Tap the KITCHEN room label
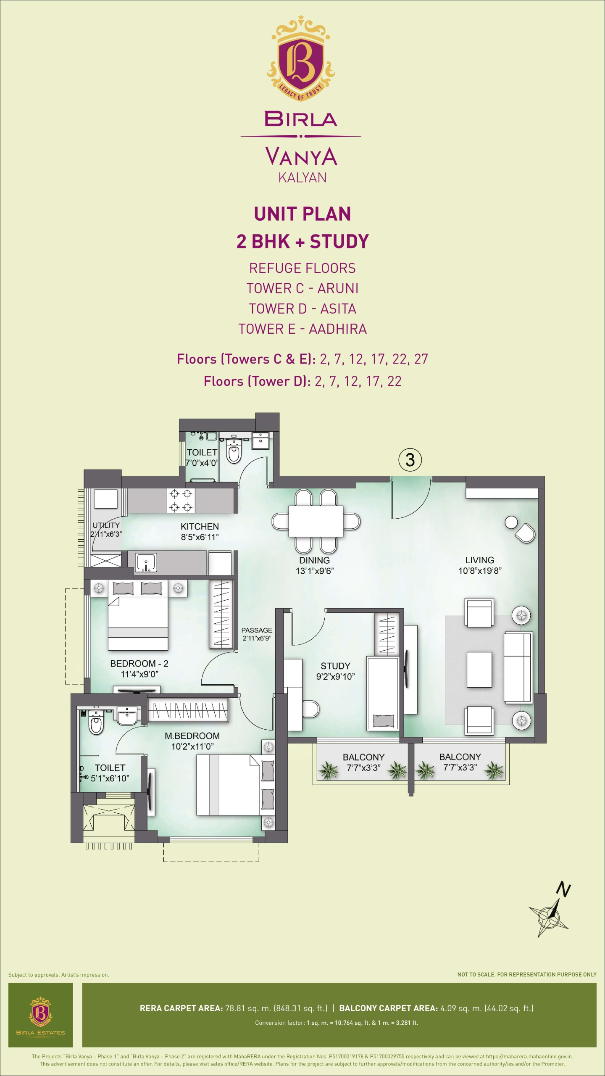click(x=200, y=526)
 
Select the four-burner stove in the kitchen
click(x=181, y=500)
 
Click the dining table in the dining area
click(x=316, y=521)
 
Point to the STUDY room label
click(x=335, y=666)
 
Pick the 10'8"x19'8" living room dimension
click(x=480, y=570)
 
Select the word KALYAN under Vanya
click(x=302, y=177)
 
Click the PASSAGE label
click(x=257, y=630)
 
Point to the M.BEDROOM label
click(x=192, y=736)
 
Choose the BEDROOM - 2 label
click(x=139, y=663)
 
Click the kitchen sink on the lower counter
click(x=146, y=562)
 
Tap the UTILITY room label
click(x=106, y=525)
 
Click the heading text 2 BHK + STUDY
click(x=302, y=241)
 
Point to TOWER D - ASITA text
click(x=302, y=309)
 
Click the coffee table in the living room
click(x=479, y=670)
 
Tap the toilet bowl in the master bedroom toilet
click(x=96, y=724)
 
